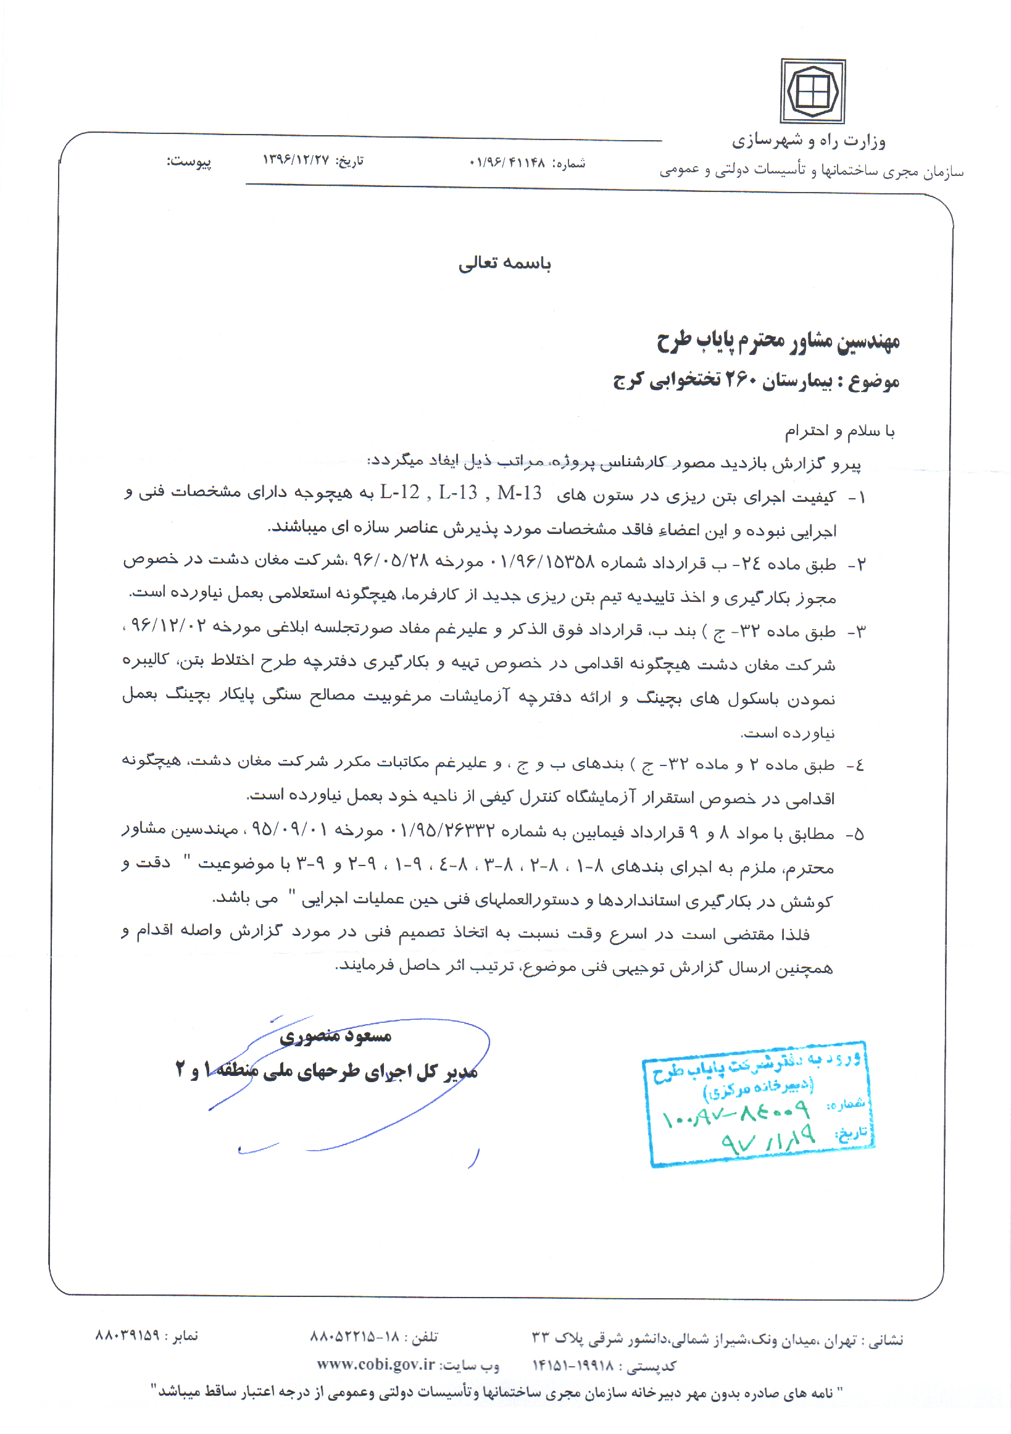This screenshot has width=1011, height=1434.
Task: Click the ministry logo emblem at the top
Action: point(812,91)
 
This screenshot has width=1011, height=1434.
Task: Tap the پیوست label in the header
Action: point(189,162)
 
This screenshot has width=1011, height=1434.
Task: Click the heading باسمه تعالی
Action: point(504,263)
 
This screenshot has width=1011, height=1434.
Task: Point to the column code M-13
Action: point(520,493)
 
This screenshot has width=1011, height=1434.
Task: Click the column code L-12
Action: point(400,493)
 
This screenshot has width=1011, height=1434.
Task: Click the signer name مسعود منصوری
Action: point(335,1037)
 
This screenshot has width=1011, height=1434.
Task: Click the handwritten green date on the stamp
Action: point(768,1139)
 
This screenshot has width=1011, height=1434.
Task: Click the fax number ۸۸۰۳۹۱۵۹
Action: point(127,1335)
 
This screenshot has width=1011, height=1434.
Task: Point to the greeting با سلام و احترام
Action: point(839,431)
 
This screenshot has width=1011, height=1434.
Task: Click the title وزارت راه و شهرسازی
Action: point(809,141)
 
